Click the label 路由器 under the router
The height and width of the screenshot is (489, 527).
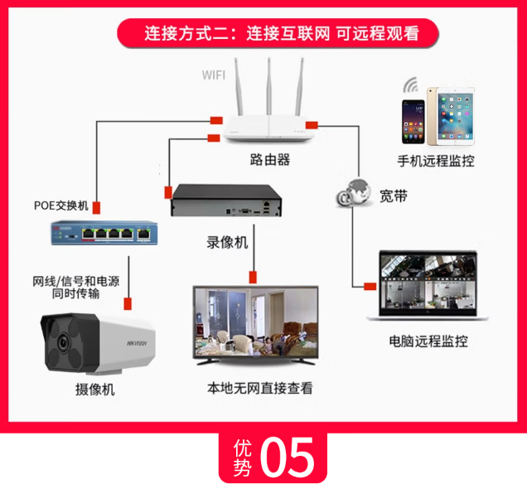tap(270, 159)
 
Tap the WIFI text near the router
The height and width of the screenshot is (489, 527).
tap(214, 75)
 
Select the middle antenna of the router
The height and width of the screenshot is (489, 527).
tap(269, 87)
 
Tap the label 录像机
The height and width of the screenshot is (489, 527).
tap(227, 243)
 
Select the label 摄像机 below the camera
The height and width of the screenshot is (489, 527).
tap(94, 390)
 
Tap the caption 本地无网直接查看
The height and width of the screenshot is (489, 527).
tap(259, 387)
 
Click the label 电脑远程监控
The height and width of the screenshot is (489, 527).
tap(428, 341)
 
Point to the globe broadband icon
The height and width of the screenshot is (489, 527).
tap(355, 195)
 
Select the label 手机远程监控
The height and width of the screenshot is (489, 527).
tap(436, 160)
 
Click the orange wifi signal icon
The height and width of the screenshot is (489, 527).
tap(411, 86)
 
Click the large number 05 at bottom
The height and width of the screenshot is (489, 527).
tap(288, 457)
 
